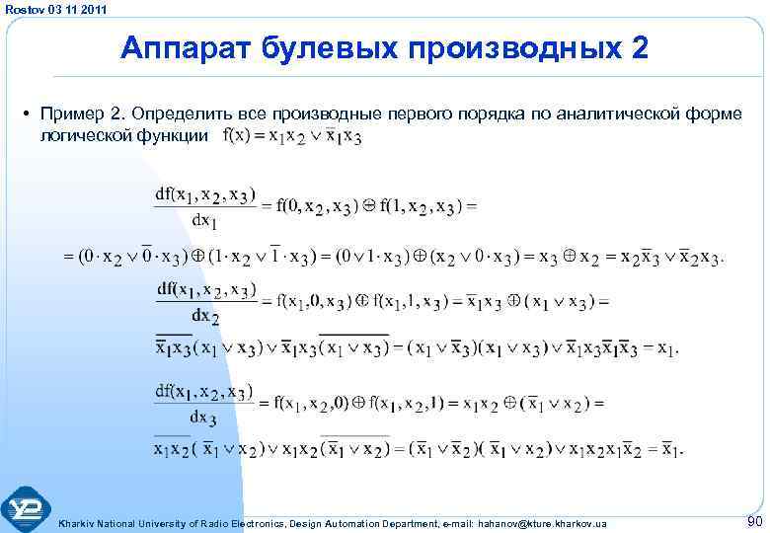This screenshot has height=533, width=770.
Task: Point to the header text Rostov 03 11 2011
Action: (x=53, y=9)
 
